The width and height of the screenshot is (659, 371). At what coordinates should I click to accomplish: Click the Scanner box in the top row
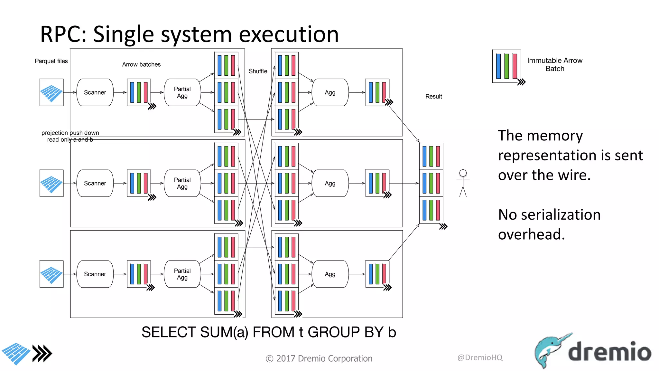[x=95, y=92]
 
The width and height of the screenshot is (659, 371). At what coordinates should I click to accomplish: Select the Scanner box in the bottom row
[x=95, y=274]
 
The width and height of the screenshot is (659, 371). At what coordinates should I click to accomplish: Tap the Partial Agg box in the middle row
[x=182, y=183]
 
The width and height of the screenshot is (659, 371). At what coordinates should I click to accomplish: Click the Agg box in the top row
[x=330, y=92]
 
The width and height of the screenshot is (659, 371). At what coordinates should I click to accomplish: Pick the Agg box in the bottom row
[x=330, y=274]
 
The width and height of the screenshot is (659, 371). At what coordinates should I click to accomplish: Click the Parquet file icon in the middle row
[x=51, y=183]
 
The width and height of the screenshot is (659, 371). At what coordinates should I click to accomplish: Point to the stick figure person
[x=463, y=183]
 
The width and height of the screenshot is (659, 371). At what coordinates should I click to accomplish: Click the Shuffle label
[x=258, y=71]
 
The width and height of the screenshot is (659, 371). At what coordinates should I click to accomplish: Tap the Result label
[x=433, y=96]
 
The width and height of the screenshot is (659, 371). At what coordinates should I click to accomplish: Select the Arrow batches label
[x=141, y=64]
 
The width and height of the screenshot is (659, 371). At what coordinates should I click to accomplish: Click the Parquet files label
[x=51, y=61]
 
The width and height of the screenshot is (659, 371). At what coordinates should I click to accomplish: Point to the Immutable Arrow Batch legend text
[x=554, y=64]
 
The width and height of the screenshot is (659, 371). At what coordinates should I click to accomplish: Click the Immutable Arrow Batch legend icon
[x=506, y=66]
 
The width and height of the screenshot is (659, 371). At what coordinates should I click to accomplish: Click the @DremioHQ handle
[x=479, y=357]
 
